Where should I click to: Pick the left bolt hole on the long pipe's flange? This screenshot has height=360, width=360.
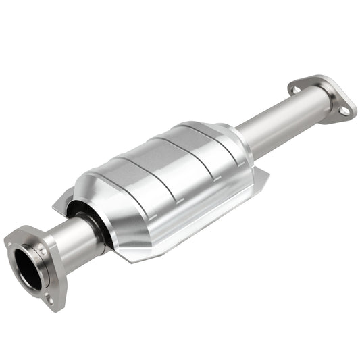tap(296, 88)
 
